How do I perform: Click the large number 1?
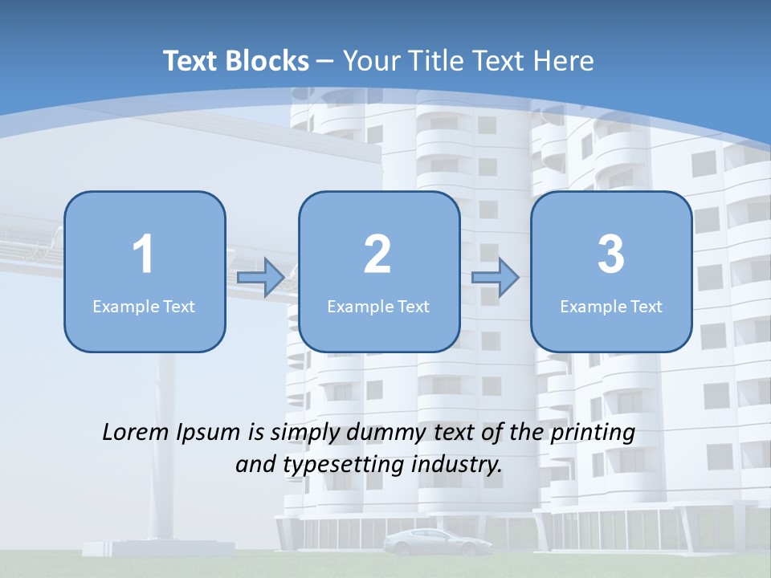point(143,254)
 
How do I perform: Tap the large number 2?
point(377,254)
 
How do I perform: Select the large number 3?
point(611,254)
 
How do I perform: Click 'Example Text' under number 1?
point(144,306)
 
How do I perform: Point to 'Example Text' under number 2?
point(378,306)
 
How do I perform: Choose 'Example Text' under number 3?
point(611,306)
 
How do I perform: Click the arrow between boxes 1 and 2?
point(261,278)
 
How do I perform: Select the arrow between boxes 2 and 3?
point(496,278)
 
